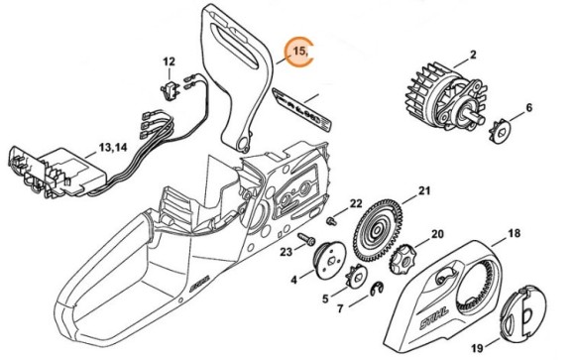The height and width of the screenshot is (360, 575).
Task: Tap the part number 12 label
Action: (x=169, y=61)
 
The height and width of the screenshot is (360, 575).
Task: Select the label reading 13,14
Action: (x=113, y=148)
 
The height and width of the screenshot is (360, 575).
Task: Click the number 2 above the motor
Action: (x=473, y=55)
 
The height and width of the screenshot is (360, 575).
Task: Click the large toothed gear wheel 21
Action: (x=378, y=231)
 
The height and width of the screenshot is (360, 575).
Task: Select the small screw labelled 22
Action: (x=331, y=221)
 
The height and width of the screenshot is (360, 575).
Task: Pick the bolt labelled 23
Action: (x=306, y=239)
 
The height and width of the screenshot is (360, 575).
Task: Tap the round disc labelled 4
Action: (x=326, y=261)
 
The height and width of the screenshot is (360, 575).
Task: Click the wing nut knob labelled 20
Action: (x=402, y=259)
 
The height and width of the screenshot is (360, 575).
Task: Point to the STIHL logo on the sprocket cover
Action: (x=435, y=319)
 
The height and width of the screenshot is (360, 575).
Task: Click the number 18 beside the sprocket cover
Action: (x=515, y=233)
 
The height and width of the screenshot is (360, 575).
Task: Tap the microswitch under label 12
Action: (x=170, y=91)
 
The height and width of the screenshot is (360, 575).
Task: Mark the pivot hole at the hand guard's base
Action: (x=243, y=144)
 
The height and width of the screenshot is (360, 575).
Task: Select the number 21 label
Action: (x=424, y=190)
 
